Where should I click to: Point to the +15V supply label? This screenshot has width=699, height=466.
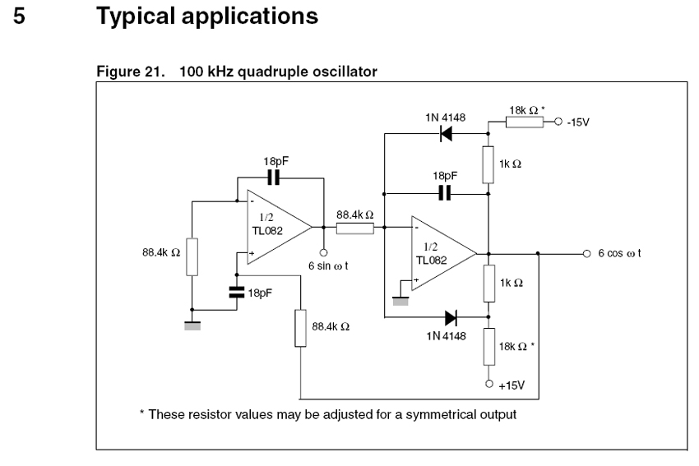tap(512, 385)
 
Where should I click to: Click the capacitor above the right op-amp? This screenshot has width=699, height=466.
tap(445, 193)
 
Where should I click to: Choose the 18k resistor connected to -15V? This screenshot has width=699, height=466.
tap(525, 122)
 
